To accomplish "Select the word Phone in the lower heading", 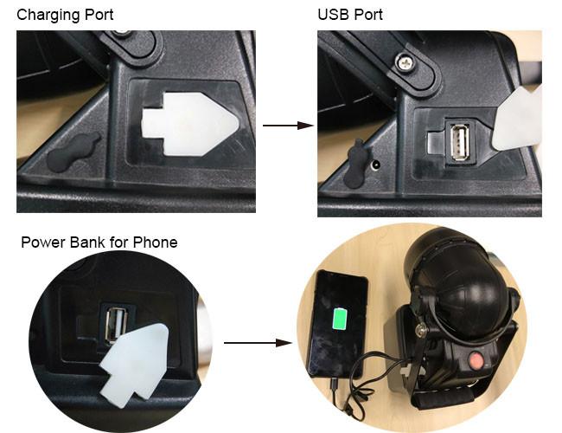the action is (x=155, y=242).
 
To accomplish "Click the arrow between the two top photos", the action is (x=289, y=126).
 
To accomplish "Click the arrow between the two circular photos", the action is (x=258, y=343).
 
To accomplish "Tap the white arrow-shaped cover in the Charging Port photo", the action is (x=190, y=124).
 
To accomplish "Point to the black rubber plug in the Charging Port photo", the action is (x=73, y=152).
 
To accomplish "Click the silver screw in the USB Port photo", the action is (x=406, y=61).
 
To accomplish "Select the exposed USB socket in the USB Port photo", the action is (x=459, y=141).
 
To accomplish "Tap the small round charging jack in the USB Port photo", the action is (x=376, y=165).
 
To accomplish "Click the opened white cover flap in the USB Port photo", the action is (x=518, y=119).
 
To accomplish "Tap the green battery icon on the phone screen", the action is (x=340, y=319).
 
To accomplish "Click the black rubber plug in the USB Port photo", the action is (x=354, y=164).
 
